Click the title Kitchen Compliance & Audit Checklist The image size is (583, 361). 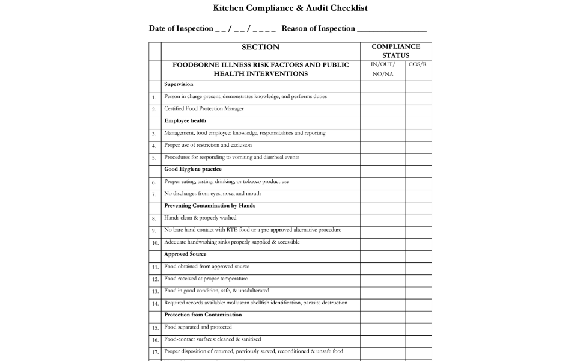(x=290, y=8)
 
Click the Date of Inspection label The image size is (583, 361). (x=180, y=28)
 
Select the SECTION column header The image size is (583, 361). (x=260, y=47)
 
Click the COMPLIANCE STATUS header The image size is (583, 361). (x=395, y=51)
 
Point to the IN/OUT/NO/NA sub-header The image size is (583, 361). (x=382, y=69)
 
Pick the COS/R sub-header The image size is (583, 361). (x=418, y=64)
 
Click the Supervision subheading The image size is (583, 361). (x=179, y=85)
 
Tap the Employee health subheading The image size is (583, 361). (x=185, y=121)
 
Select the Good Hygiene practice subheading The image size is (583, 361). (x=193, y=170)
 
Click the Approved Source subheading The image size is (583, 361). (x=185, y=255)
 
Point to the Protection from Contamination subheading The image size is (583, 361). (x=203, y=315)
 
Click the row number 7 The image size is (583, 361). (x=154, y=194)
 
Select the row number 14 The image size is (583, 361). (x=154, y=303)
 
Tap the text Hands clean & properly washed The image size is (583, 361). (x=200, y=218)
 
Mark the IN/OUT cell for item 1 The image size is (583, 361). (x=382, y=97)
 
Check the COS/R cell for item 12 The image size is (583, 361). (x=418, y=279)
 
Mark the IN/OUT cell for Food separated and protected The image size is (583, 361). (x=382, y=327)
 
